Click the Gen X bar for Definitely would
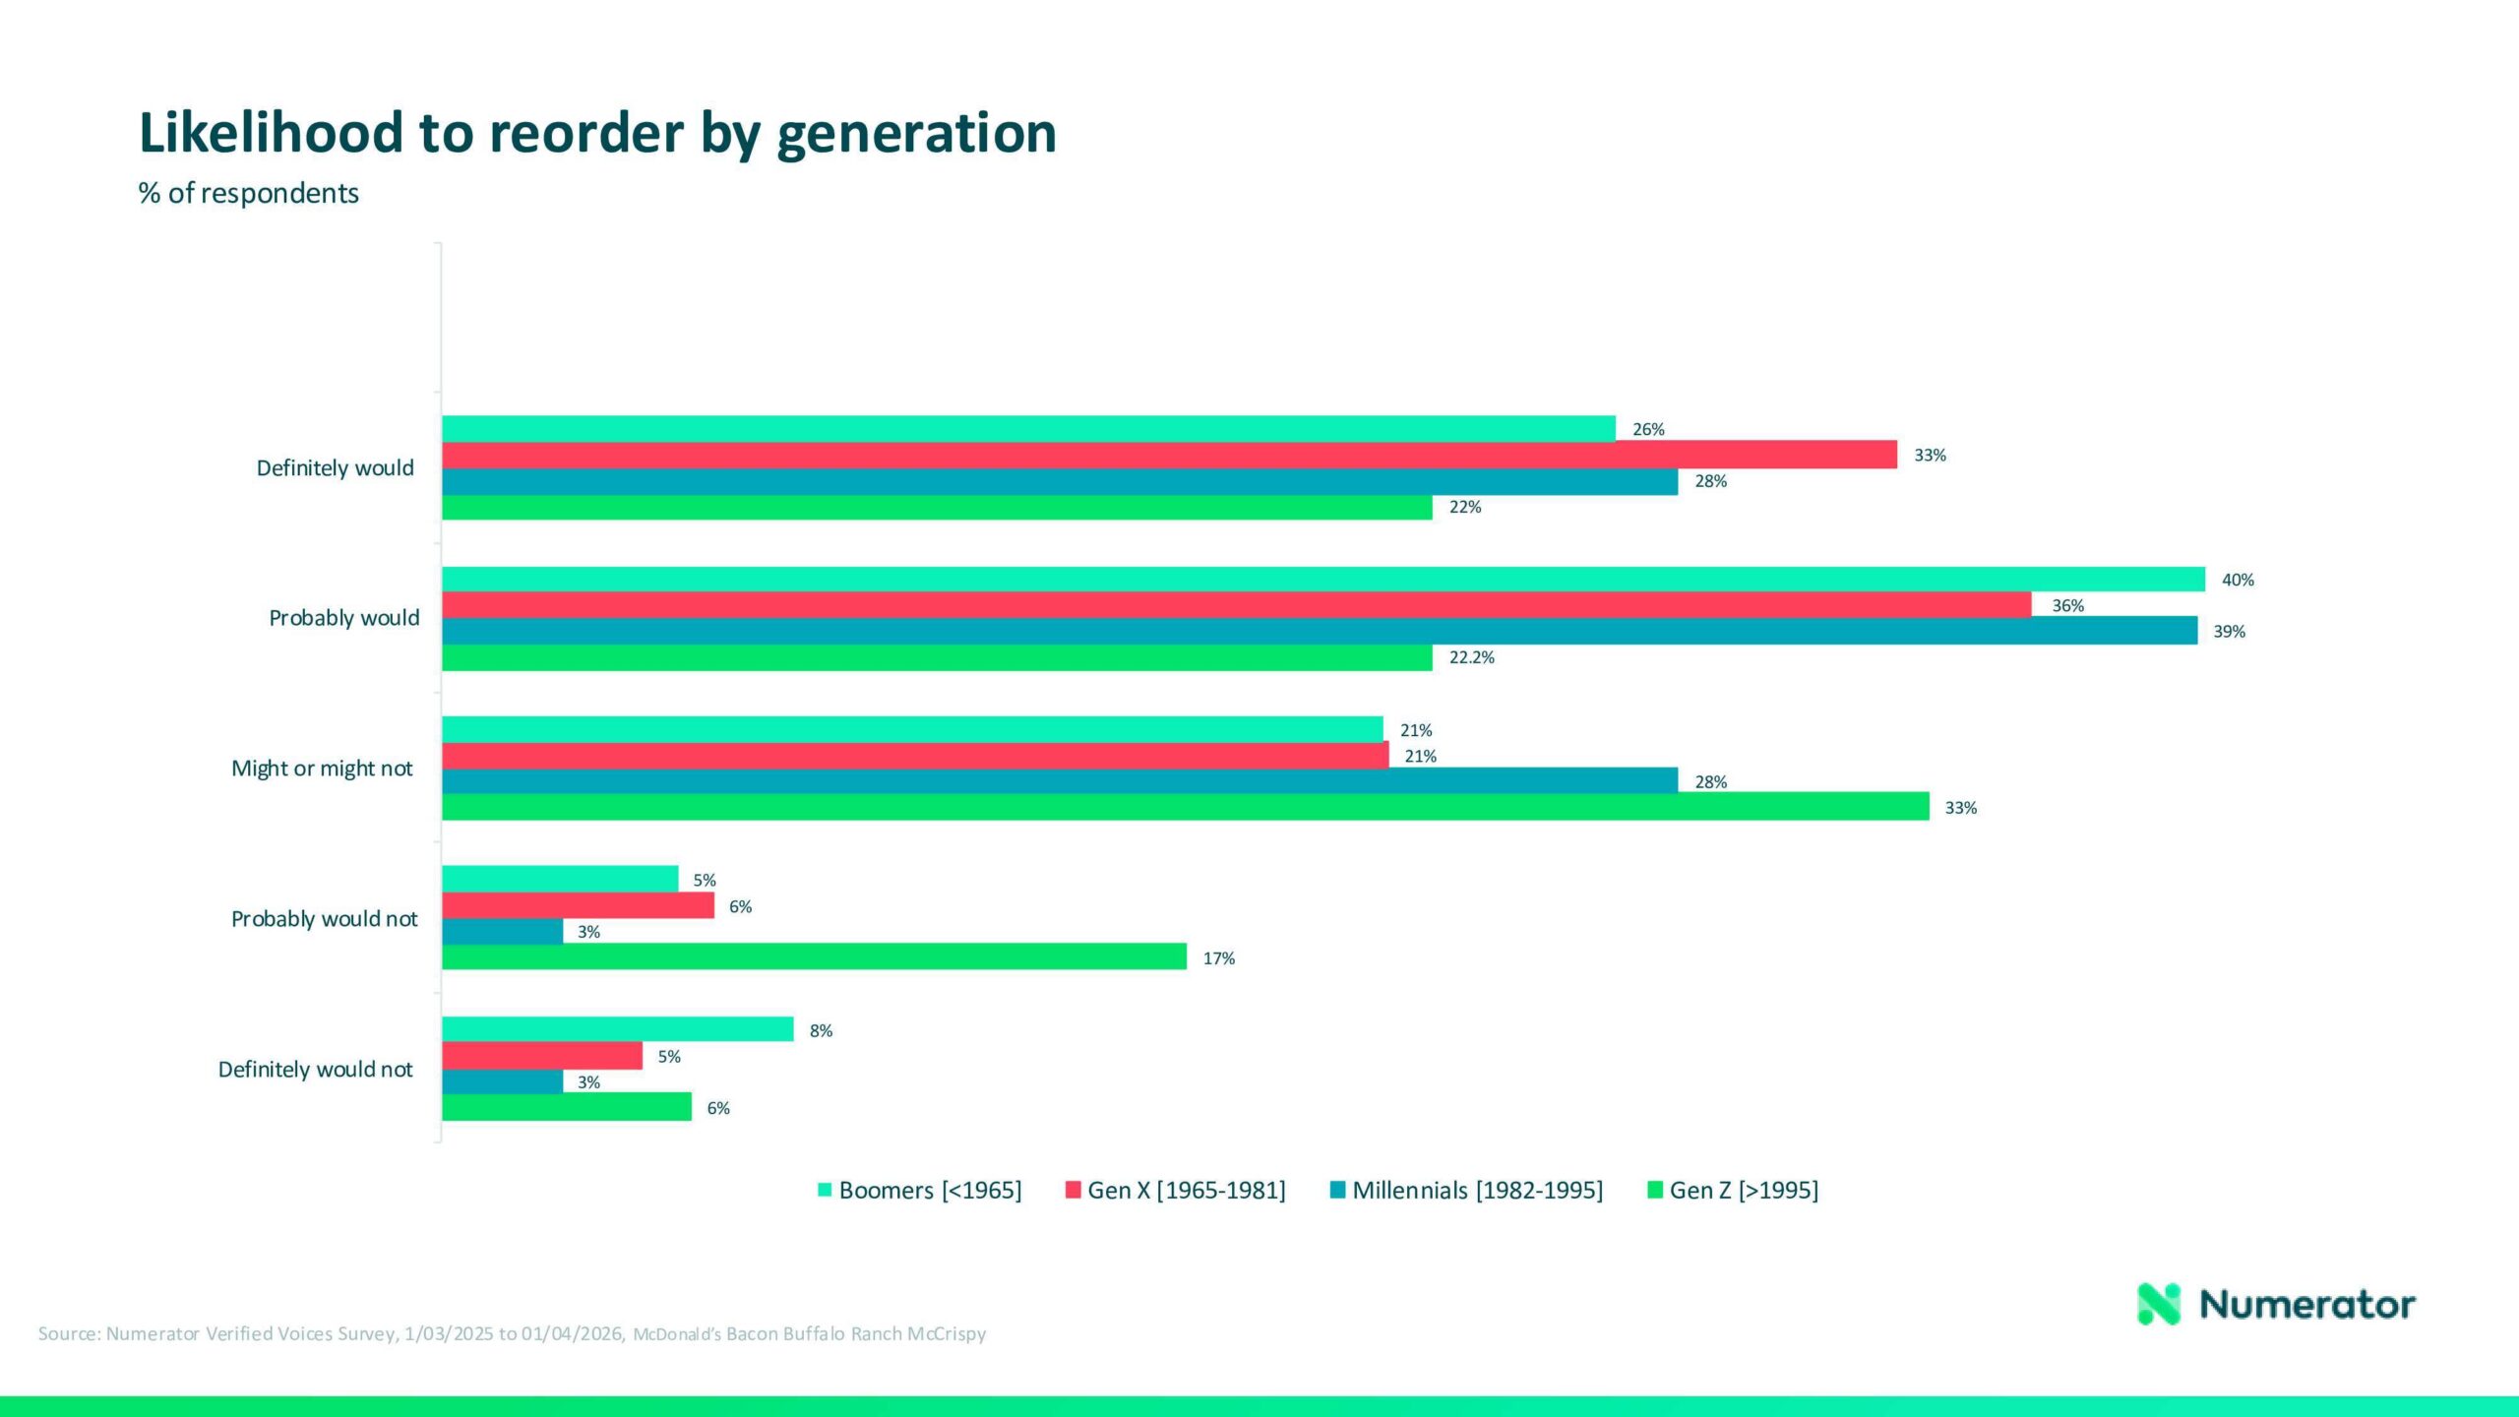pyautogui.click(x=1169, y=455)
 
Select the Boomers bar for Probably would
pyautogui.click(x=1322, y=580)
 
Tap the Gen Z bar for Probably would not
pyautogui.click(x=814, y=956)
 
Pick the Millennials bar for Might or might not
pyautogui.click(x=1059, y=781)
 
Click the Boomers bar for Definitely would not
pyautogui.click(x=617, y=1029)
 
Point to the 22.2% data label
pyautogui.click(x=1471, y=657)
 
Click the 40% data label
pyautogui.click(x=2237, y=581)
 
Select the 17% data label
pyautogui.click(x=1218, y=958)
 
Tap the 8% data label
pyautogui.click(x=821, y=1031)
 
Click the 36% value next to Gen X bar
pyautogui.click(x=2067, y=606)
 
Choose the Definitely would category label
pyautogui.click(x=335, y=468)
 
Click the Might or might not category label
pyautogui.click(x=322, y=769)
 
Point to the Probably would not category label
pyautogui.click(x=324, y=919)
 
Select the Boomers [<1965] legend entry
pyautogui.click(x=920, y=1191)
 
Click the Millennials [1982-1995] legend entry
pyautogui.click(x=1466, y=1191)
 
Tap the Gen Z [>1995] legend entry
pyautogui.click(x=1733, y=1191)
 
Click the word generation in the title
pyautogui.click(x=916, y=133)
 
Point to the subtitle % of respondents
pyautogui.click(x=249, y=193)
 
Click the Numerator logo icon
pyautogui.click(x=2158, y=1304)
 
